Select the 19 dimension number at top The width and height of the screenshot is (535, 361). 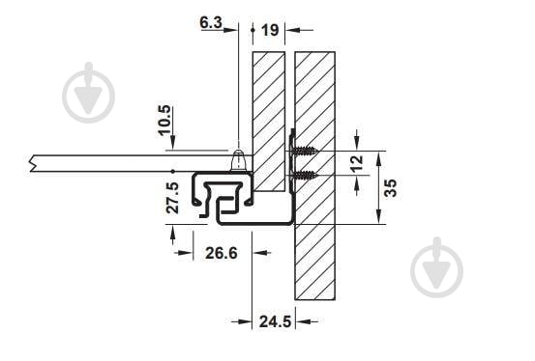pos(270,31)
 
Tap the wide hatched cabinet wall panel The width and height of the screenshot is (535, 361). pos(314,232)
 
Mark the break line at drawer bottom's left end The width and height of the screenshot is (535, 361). pos(36,163)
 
